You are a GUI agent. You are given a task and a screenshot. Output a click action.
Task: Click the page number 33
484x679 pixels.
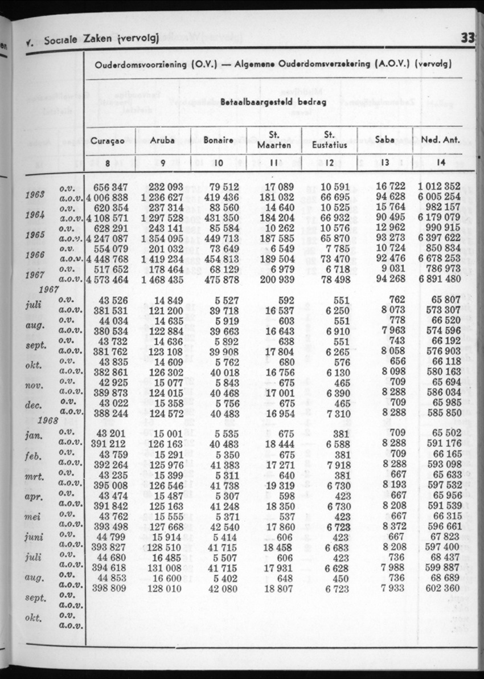[x=467, y=39]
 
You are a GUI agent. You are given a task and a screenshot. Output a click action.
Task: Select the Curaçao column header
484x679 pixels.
[x=110, y=140]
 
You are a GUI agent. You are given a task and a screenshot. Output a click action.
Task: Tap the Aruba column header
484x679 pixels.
[x=162, y=140]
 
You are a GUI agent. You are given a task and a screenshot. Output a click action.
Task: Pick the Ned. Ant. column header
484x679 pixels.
[x=440, y=140]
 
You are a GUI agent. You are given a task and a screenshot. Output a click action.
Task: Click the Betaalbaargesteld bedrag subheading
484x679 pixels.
[x=273, y=103]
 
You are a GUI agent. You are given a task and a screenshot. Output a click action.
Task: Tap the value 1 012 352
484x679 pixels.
[x=438, y=186]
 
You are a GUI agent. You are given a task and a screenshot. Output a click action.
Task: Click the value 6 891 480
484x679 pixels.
[x=438, y=279]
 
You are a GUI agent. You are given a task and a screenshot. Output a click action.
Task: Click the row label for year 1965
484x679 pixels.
[x=36, y=235]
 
